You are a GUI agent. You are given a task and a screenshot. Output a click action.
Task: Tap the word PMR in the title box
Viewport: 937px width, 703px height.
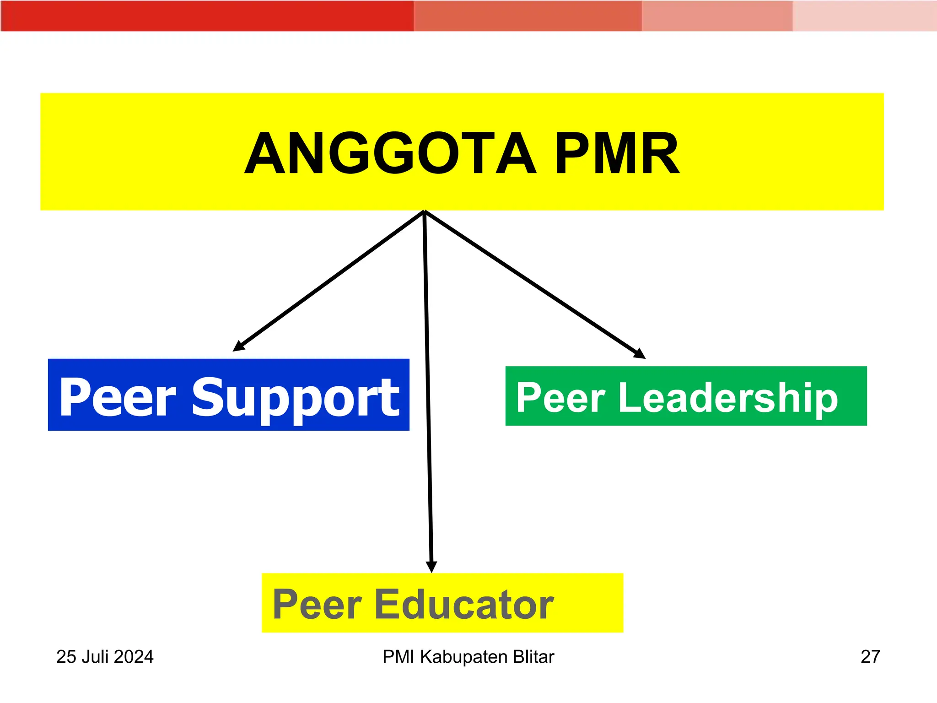[617, 153]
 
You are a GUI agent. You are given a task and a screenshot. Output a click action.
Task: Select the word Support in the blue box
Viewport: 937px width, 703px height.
[295, 397]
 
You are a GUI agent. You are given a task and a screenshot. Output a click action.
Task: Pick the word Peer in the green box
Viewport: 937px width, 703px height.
[561, 397]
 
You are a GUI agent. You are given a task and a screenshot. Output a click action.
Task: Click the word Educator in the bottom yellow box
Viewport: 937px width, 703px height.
[464, 605]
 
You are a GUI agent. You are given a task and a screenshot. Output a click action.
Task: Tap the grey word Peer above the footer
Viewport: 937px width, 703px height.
[317, 605]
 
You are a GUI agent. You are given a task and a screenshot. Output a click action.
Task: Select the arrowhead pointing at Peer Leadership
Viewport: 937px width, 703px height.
[640, 354]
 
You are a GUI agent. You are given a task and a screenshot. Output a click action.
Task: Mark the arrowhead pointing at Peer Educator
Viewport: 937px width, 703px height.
[431, 567]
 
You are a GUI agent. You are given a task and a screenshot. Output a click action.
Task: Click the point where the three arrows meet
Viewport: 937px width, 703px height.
[425, 212]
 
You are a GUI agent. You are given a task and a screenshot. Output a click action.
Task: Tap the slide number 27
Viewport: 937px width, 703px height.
[870, 657]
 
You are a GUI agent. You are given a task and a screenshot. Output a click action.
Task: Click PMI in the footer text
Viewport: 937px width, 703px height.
[398, 657]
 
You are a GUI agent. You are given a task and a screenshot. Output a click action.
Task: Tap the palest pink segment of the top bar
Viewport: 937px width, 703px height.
[864, 16]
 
